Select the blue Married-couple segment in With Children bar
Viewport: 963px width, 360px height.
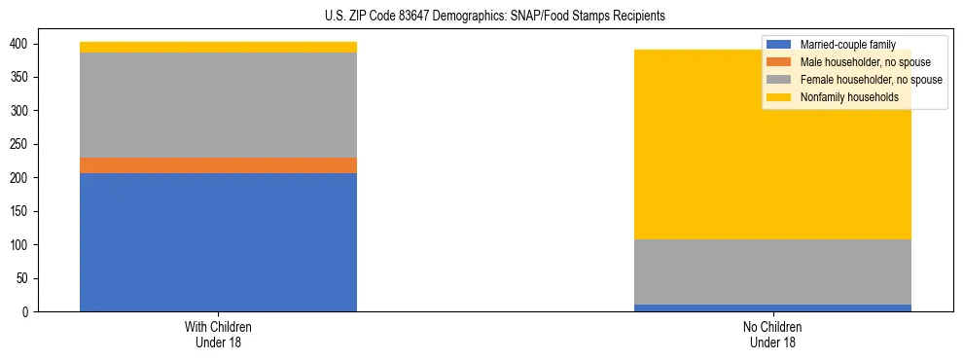(x=218, y=242)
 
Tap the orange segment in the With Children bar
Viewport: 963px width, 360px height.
(x=218, y=165)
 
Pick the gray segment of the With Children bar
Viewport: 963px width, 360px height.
(x=218, y=105)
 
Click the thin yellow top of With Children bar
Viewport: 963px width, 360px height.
(x=218, y=47)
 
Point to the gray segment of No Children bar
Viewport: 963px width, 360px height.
(x=772, y=271)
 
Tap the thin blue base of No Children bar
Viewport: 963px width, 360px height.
(x=772, y=307)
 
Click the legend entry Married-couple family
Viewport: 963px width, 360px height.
(x=847, y=45)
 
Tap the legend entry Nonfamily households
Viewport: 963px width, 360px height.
(x=843, y=97)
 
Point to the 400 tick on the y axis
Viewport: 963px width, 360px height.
(x=18, y=44)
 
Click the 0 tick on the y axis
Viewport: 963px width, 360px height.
(x=25, y=311)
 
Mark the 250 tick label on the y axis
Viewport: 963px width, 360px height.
(x=18, y=144)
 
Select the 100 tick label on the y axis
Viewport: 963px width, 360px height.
(x=18, y=244)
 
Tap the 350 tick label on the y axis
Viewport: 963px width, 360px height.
(x=18, y=77)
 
